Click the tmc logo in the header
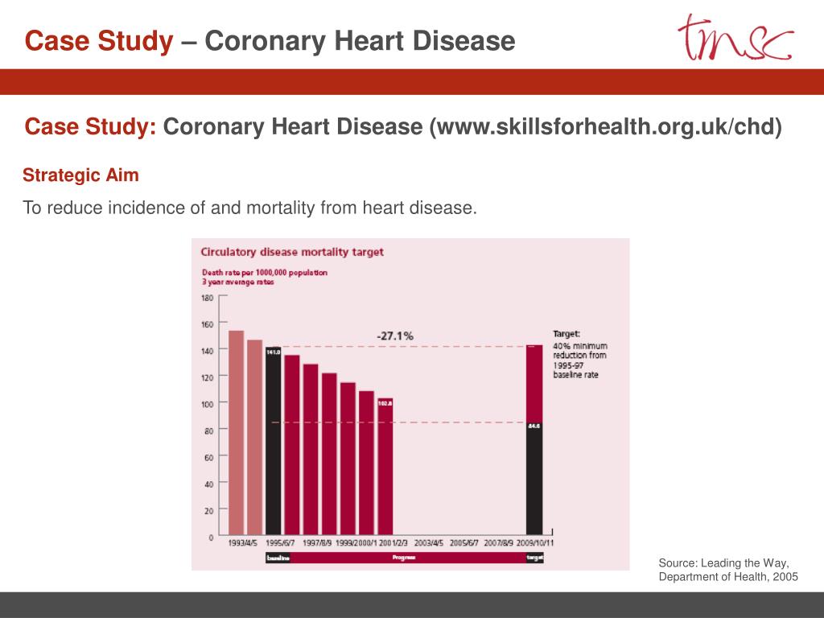734,37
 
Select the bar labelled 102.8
385,467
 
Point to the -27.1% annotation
395,336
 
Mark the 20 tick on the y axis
208,510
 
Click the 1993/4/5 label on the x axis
242,543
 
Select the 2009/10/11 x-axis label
534,543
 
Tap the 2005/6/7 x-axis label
463,543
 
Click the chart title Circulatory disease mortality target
292,252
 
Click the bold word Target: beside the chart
566,333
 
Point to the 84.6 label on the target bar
534,426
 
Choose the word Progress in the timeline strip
404,558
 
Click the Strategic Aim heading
80,175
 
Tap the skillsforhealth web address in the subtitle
606,127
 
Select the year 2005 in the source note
784,577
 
